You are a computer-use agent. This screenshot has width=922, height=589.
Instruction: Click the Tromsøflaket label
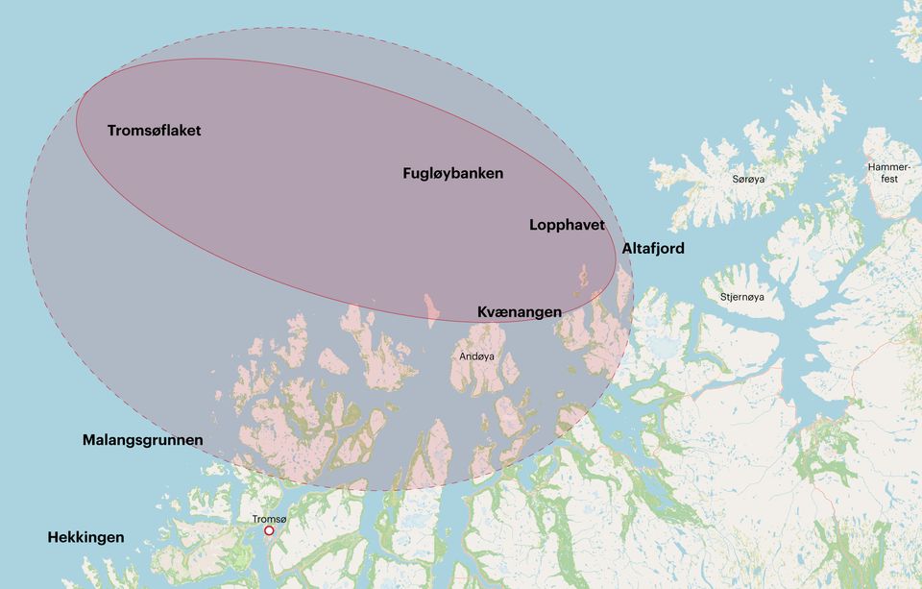pos(154,131)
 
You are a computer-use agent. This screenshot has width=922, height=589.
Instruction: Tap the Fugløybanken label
pos(452,174)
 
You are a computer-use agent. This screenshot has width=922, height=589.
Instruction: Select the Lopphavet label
pos(567,225)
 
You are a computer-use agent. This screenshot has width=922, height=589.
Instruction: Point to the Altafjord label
pos(653,249)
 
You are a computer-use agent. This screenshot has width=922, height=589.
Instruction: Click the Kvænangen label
pos(520,312)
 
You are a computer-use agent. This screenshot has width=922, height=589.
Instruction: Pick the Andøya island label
pos(477,356)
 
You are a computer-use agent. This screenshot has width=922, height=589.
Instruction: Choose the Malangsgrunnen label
pos(142,440)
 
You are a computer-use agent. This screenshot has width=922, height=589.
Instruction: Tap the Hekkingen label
pos(85,537)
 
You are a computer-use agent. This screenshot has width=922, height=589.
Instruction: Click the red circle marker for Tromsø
pos(269,530)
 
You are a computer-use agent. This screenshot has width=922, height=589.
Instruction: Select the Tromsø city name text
pos(269,519)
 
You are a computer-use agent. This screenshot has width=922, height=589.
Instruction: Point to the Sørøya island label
pos(749,180)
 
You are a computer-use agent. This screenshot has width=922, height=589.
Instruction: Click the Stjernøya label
pos(742,297)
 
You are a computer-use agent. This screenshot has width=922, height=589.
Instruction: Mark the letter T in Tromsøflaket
pos(111,131)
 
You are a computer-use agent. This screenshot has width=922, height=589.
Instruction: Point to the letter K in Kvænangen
pos(483,312)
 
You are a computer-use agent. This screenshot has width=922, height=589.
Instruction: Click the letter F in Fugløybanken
pos(407,174)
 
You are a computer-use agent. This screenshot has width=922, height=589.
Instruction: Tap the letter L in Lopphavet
pos(534,225)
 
